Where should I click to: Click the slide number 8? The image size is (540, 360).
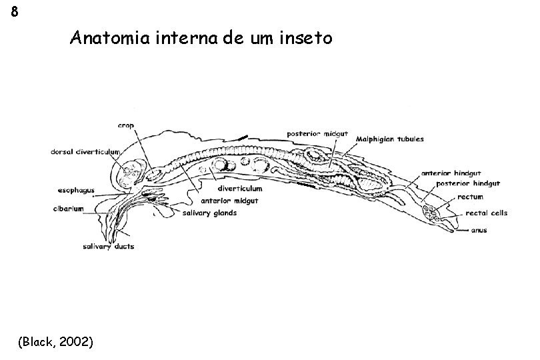tap(15, 13)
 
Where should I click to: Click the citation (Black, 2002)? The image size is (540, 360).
tap(57, 342)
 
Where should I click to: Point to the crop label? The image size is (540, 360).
tap(125, 124)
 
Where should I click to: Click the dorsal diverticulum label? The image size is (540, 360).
tap(86, 151)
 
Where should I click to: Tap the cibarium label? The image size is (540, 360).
tap(69, 209)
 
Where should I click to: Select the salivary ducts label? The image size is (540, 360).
tap(108, 247)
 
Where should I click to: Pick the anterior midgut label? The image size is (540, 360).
tap(229, 200)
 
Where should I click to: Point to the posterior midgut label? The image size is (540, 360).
tap(317, 133)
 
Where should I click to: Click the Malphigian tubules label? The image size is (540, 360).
tap(390, 139)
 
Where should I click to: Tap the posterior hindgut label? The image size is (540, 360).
tap(469, 183)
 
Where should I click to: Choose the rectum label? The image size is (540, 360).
tap(470, 197)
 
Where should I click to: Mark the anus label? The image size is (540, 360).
tap(479, 231)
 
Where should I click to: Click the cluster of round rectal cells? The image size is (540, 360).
tap(431, 215)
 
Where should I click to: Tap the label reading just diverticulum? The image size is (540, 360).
tap(238, 188)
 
